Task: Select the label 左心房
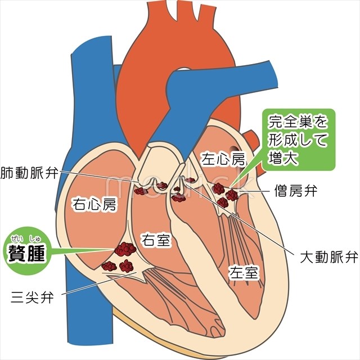224,160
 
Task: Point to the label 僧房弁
296,191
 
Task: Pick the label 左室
244,272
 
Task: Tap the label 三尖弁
32,296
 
